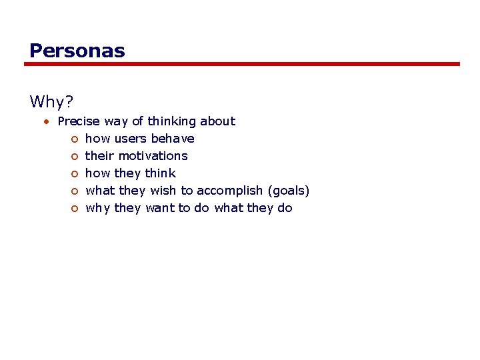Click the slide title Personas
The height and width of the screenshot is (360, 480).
(x=77, y=51)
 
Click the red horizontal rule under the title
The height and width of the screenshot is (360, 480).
(x=242, y=64)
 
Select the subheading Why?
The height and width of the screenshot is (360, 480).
(x=51, y=101)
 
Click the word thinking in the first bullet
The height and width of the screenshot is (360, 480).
(x=172, y=121)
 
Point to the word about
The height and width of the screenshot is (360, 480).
(x=217, y=121)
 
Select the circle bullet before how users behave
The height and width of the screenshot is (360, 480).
(x=75, y=139)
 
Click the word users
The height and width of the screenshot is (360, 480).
(x=131, y=139)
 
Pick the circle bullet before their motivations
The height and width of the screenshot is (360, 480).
(x=75, y=157)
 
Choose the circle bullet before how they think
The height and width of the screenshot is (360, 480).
(x=75, y=174)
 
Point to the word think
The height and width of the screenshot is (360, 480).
(x=160, y=173)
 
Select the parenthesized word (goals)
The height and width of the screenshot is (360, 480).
(x=289, y=191)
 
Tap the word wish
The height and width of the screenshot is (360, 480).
(x=163, y=191)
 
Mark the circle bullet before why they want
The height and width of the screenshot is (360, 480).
(x=75, y=209)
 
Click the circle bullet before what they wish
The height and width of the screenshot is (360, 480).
(x=75, y=191)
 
